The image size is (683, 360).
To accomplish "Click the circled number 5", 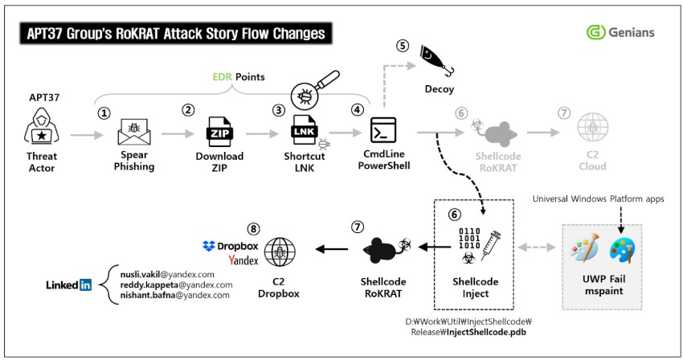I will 403,46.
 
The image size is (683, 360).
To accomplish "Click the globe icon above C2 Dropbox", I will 279,252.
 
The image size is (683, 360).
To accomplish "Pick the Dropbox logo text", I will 231,246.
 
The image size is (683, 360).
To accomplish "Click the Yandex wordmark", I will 243,261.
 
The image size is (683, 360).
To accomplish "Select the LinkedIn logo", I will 68,284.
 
